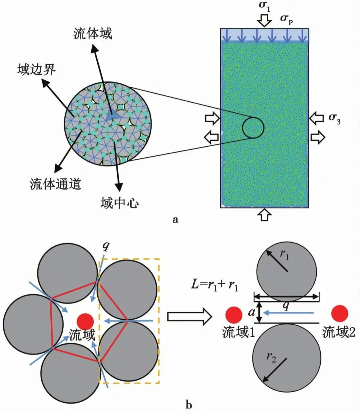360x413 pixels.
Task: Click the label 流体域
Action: coord(92,34)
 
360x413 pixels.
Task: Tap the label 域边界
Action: coord(36,69)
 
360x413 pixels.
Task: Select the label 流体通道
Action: coord(55,183)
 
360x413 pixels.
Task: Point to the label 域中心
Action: coord(119,202)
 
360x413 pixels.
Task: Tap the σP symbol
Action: coord(286,18)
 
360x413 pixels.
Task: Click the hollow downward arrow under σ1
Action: coord(265,20)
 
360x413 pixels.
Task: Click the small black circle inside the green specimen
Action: coord(253,127)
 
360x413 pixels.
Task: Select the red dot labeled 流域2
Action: coord(340,313)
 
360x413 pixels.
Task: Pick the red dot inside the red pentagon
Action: coord(85,321)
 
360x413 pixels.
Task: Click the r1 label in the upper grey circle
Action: coord(284,255)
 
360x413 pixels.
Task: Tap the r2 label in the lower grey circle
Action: coord(271,357)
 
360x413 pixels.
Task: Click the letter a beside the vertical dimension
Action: coord(252,313)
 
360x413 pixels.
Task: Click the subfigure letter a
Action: coord(176,220)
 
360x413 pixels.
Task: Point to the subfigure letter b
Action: coord(189,405)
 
